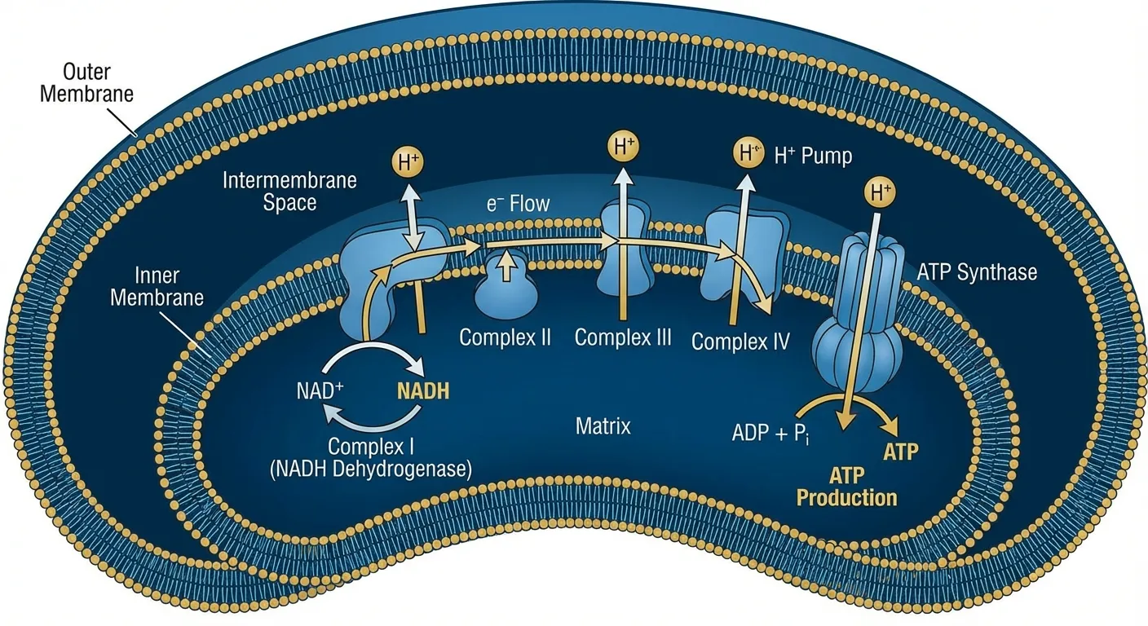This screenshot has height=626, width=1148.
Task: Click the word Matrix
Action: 603,425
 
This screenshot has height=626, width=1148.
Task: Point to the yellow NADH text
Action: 422,390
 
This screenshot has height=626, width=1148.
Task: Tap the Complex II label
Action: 506,337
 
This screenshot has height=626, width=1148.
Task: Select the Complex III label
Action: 623,337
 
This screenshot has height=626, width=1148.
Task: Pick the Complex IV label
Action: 740,341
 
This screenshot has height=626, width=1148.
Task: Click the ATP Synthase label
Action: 977,271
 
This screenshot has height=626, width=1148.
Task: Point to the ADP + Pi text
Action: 770,432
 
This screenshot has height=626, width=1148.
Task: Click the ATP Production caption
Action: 846,486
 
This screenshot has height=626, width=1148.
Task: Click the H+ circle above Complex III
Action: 624,148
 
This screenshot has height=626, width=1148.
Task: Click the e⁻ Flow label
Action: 518,204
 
